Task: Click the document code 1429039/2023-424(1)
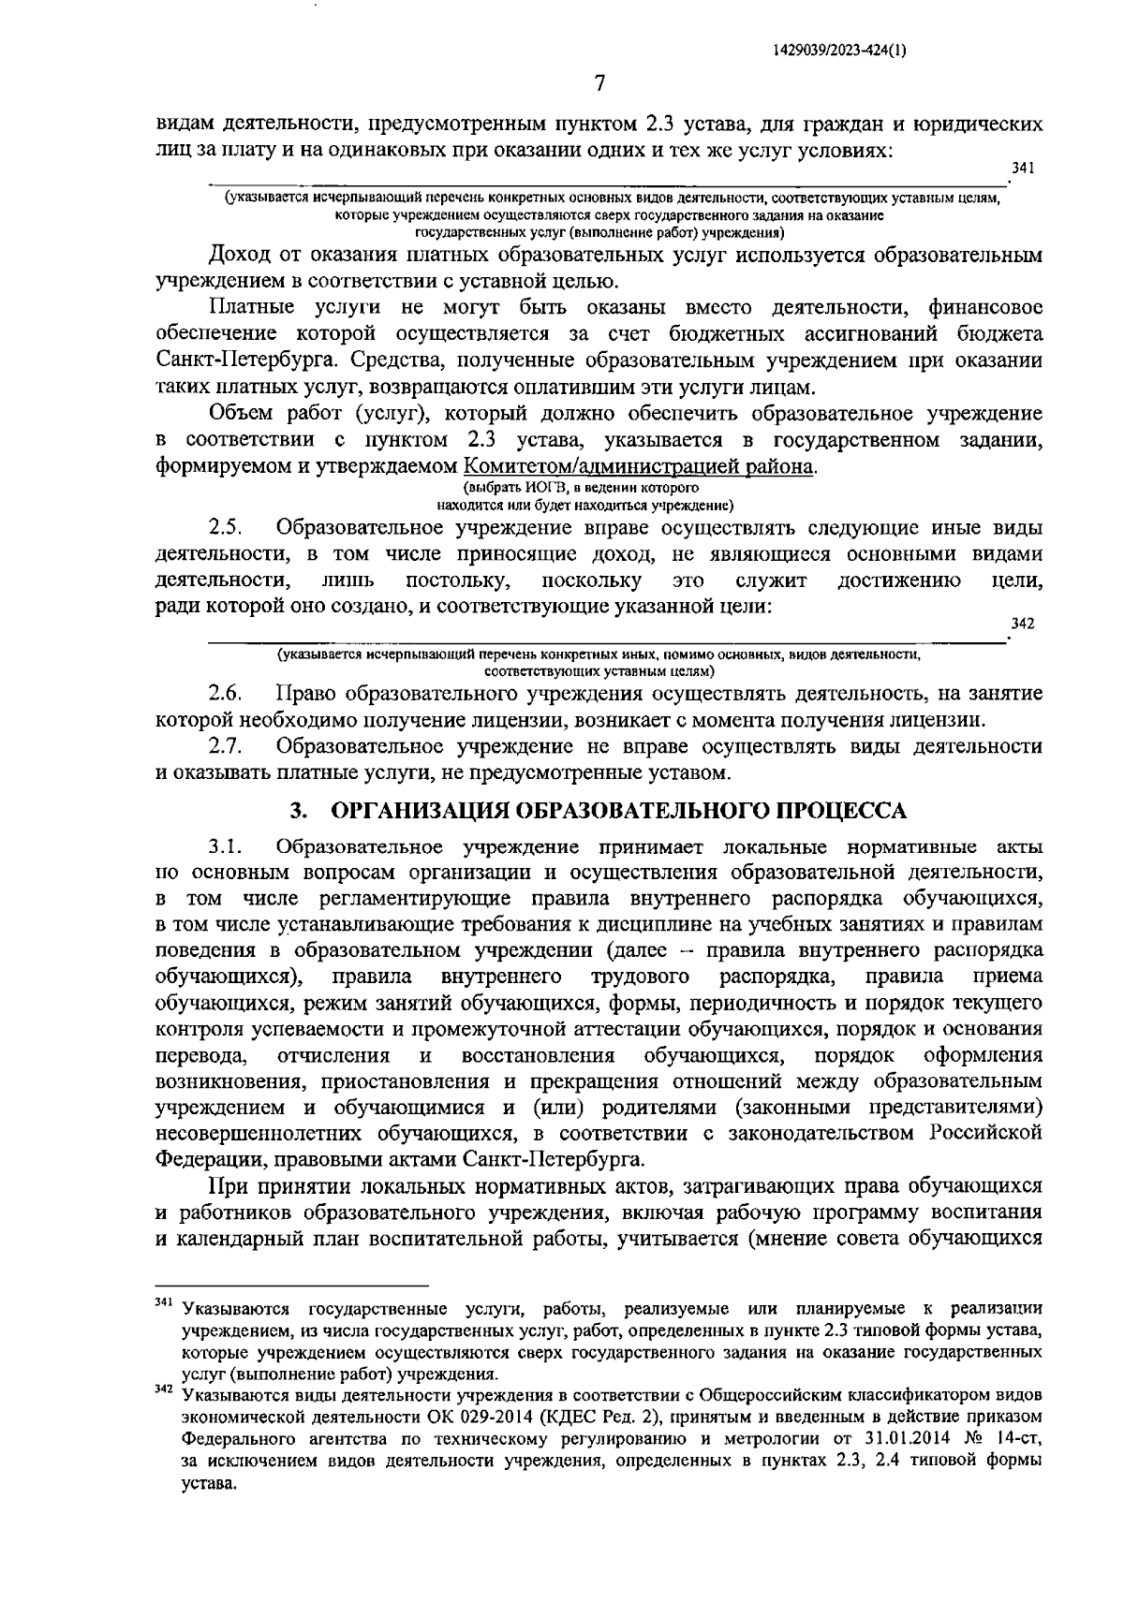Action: coord(839,53)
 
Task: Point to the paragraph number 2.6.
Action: coord(227,694)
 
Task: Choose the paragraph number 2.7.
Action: coord(227,746)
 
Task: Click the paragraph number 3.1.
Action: coord(227,847)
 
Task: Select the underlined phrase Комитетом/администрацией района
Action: coord(639,466)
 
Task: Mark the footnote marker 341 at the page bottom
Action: coord(163,1303)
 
